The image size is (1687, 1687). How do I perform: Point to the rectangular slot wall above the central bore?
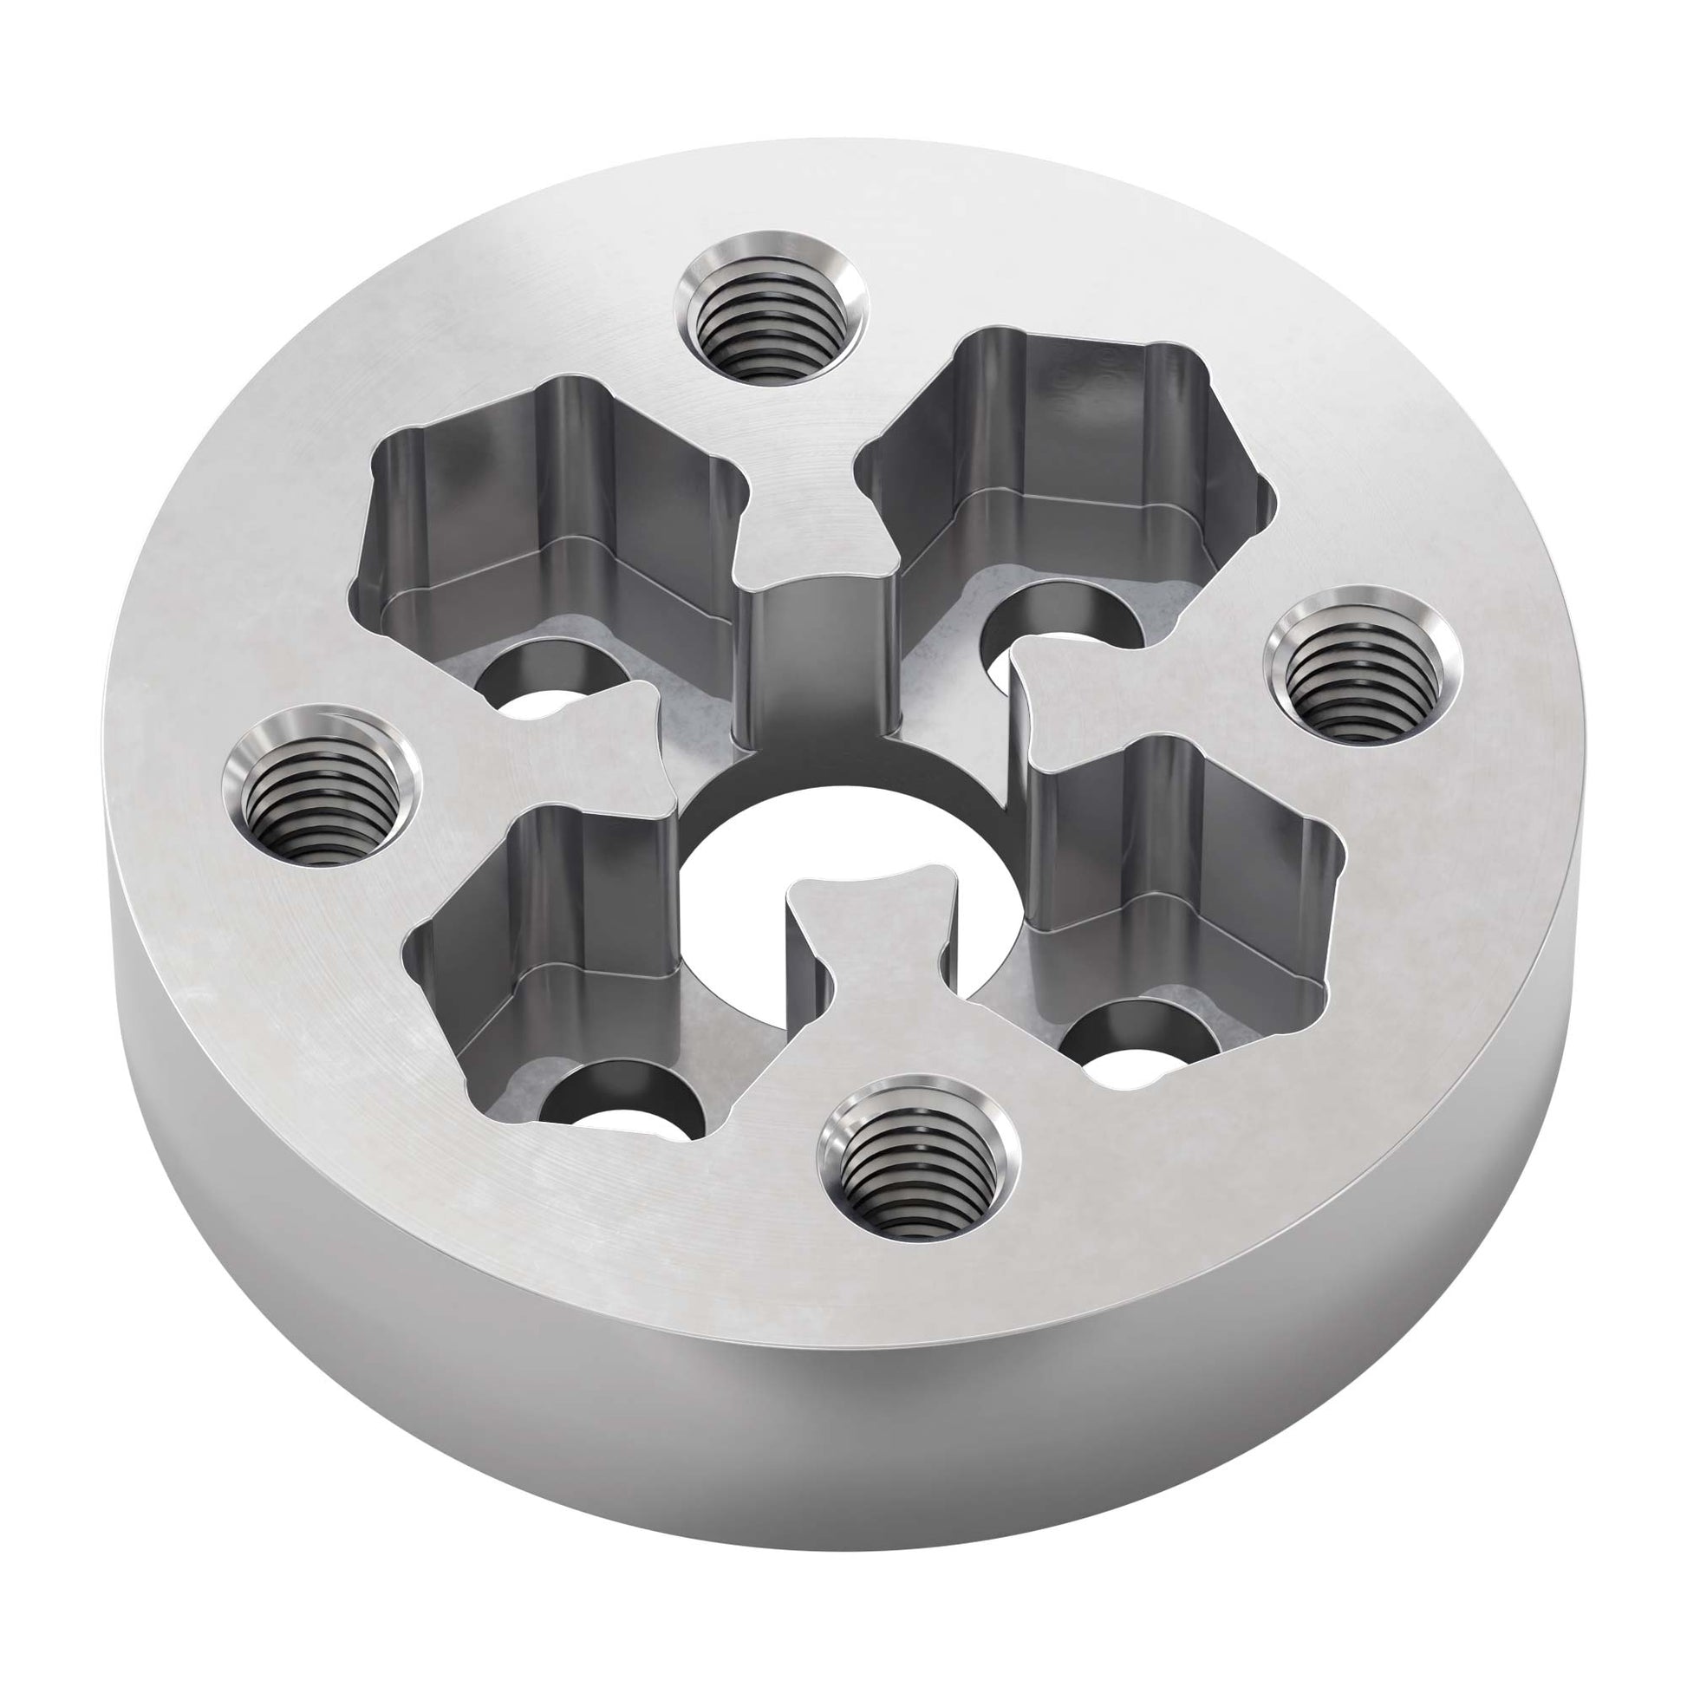point(817,664)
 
